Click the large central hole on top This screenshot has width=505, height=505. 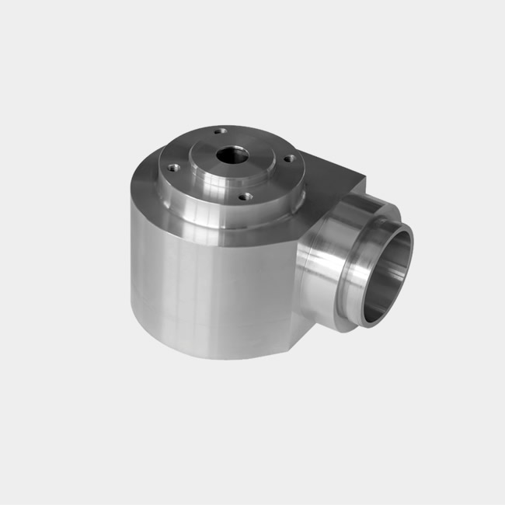[230, 154]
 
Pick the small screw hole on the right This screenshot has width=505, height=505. [289, 158]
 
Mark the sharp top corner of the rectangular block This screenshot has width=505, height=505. [364, 177]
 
